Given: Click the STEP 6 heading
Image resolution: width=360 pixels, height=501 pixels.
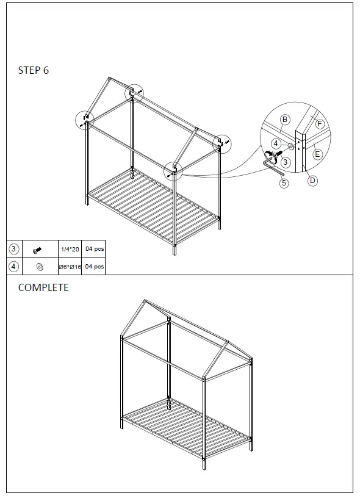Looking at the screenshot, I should point(34,70).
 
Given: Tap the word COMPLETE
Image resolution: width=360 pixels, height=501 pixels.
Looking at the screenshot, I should point(43,287).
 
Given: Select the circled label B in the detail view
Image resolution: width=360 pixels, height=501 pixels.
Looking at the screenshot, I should point(284,120).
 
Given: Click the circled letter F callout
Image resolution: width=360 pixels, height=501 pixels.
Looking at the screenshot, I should point(319,124).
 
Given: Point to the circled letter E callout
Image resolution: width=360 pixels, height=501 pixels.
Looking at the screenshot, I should point(317,154).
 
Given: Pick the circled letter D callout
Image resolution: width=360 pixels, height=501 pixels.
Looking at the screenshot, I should point(312,181).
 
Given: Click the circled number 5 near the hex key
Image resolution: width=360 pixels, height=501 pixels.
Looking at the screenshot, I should point(284,183).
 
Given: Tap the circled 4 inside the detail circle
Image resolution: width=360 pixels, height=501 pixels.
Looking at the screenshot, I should point(276,143).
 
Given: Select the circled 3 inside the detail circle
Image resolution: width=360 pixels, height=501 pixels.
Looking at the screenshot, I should point(284,162).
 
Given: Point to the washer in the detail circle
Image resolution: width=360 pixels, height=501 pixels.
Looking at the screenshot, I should point(290,147).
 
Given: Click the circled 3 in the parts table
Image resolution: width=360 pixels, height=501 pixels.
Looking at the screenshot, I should point(14,249).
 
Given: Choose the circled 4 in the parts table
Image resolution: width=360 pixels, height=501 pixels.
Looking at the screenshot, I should point(14,266).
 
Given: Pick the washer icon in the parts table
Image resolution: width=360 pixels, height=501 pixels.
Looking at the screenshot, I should point(39,267).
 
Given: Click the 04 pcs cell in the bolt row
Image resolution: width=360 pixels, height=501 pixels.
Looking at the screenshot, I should point(95,250).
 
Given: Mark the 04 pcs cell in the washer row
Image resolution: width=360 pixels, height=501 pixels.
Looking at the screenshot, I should point(95,267).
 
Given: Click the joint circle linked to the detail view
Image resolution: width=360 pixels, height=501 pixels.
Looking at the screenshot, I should point(175,168).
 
